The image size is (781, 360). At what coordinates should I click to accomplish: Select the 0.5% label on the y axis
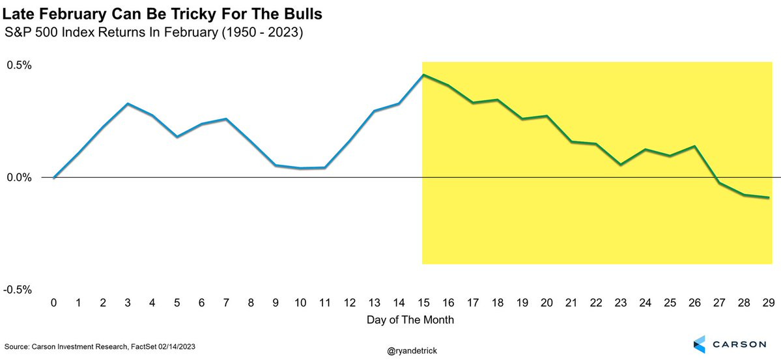[19, 66]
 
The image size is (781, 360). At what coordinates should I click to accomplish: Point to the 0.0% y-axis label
[19, 177]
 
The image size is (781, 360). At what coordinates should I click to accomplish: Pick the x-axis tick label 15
[423, 303]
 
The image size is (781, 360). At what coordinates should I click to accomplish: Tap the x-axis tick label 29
[769, 303]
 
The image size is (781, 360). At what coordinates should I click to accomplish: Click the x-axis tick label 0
[54, 303]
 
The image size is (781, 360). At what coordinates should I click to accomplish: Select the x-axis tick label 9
[276, 303]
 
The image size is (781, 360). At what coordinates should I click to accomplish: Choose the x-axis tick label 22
[596, 303]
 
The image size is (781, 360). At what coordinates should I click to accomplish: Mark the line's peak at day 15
[423, 75]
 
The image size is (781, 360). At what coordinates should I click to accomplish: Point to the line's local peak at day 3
[128, 104]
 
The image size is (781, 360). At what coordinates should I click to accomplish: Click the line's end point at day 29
[769, 197]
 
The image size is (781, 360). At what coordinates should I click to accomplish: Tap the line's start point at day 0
[54, 177]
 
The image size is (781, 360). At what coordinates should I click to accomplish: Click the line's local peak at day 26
[695, 146]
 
